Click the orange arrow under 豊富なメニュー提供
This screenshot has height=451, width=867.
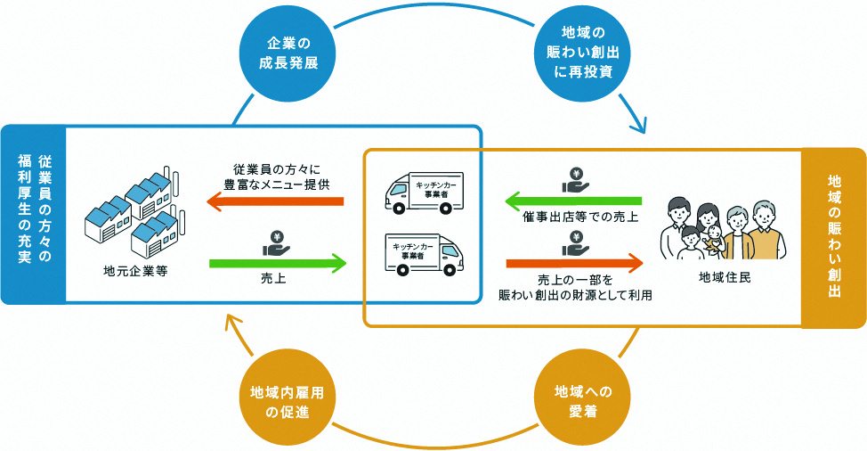coord(275,203)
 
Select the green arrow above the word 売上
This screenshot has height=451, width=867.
coord(277,263)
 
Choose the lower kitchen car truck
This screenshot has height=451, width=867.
coord(423,253)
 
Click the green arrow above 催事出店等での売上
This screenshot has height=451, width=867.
coord(573,201)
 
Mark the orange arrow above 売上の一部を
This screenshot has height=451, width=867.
coord(573,263)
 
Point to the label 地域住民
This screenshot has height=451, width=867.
coord(725,277)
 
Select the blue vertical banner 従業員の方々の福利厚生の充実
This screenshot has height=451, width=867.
coord(34,214)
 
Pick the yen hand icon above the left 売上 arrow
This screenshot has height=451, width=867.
coord(276,242)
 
